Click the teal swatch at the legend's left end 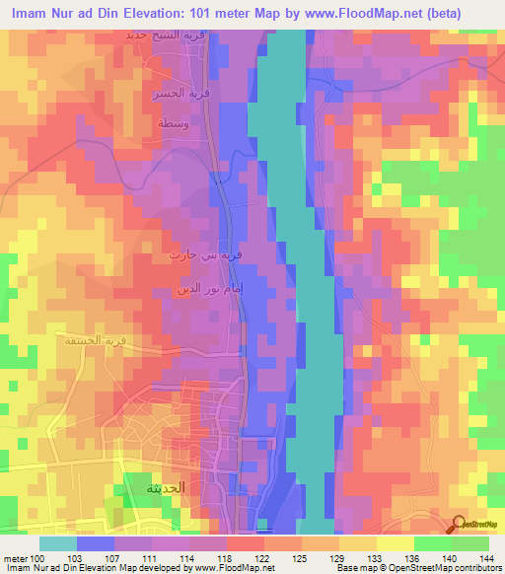pos(57,542)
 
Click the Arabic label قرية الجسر pos(165,96)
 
